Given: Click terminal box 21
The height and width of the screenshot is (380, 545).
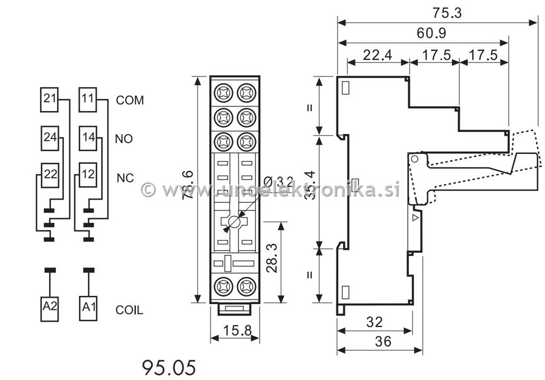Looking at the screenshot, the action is pyautogui.click(x=49, y=100).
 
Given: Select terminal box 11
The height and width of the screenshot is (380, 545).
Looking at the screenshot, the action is pyautogui.click(x=88, y=100).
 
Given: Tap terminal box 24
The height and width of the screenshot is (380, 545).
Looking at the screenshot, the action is pyautogui.click(x=49, y=138).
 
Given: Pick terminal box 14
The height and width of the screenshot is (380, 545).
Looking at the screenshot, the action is pyautogui.click(x=88, y=138).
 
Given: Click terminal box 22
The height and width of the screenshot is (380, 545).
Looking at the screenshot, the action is pyautogui.click(x=49, y=175).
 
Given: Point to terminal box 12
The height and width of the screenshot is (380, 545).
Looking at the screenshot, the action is pyautogui.click(x=88, y=175).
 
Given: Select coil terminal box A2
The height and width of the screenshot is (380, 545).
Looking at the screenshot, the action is pyautogui.click(x=49, y=309).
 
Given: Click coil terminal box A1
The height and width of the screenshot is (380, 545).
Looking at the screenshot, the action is pyautogui.click(x=88, y=308).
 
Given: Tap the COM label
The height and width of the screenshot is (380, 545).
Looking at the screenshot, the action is pyautogui.click(x=130, y=100).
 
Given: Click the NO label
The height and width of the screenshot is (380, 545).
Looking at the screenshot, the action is pyautogui.click(x=123, y=139).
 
